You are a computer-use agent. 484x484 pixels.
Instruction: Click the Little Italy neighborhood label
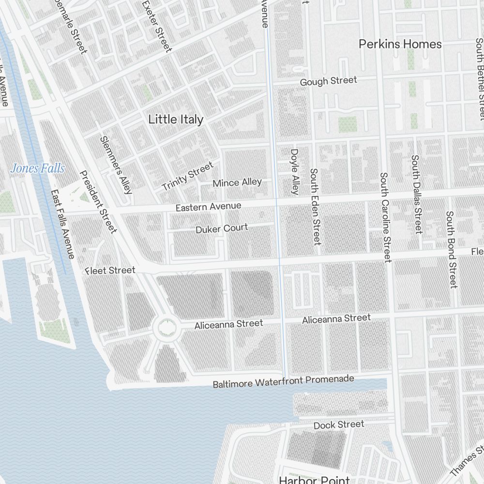176,119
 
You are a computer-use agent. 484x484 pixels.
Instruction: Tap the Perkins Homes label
400,44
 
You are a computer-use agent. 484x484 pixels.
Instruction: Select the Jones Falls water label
37,168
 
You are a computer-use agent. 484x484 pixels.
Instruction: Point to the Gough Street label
328,81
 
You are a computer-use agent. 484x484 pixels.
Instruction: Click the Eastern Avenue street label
208,206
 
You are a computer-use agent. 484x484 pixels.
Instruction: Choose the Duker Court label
222,228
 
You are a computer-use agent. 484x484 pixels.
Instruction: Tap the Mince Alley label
237,183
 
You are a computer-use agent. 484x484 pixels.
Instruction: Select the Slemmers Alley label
116,165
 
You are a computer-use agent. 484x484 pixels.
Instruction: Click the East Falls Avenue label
63,224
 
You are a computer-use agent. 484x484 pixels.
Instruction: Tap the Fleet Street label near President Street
110,270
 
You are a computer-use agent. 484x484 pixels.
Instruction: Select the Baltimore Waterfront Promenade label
283,381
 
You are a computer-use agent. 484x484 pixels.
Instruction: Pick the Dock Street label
339,425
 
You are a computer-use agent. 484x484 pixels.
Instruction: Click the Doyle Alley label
295,171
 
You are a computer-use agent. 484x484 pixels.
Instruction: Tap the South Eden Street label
315,206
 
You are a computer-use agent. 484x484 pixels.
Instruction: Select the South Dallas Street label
416,194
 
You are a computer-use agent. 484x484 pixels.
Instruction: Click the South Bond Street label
451,249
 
